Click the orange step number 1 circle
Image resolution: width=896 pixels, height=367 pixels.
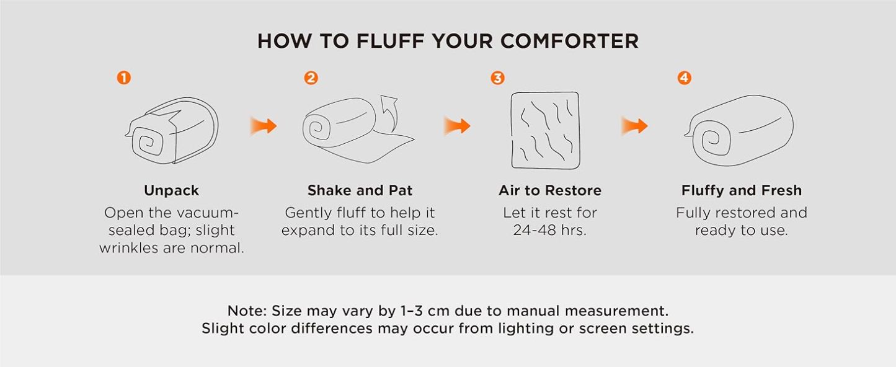[x=124, y=78]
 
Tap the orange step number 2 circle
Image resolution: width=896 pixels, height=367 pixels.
[x=311, y=78]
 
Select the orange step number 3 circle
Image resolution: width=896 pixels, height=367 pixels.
[x=497, y=78]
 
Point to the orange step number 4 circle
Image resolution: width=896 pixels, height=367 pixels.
[x=684, y=78]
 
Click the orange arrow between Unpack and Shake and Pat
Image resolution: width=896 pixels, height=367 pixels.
[x=263, y=126]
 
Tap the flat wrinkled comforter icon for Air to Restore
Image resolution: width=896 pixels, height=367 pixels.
[x=545, y=130]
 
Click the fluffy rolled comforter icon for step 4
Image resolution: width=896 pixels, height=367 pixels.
[x=740, y=130]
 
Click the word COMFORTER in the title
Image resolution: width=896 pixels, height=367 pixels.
[x=569, y=42]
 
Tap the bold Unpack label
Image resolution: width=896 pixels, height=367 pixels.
[x=171, y=190]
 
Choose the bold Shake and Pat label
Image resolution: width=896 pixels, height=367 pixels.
[x=360, y=190]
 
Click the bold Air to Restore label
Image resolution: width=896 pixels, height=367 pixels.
[x=549, y=190]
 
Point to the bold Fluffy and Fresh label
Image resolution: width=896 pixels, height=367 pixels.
[x=741, y=190]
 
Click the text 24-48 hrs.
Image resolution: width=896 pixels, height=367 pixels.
[x=549, y=231]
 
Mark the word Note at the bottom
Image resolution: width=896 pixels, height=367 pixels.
[x=246, y=311]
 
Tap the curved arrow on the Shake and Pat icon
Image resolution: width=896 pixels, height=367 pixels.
[x=390, y=109]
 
